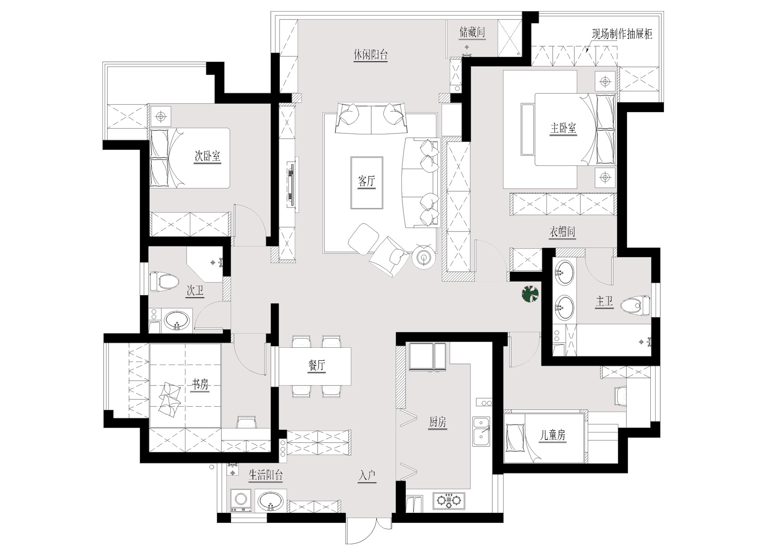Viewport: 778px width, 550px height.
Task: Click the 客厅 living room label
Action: (366, 181)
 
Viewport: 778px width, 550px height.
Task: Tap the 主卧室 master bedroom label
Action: (563, 129)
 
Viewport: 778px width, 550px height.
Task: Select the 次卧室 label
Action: (208, 156)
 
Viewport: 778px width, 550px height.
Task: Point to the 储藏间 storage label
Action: (472, 32)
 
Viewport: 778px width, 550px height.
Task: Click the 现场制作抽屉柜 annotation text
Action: (622, 34)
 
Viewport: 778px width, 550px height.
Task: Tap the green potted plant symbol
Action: (530, 294)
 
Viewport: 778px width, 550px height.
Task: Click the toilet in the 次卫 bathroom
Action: (164, 281)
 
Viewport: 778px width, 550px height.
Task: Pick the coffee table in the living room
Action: (367, 182)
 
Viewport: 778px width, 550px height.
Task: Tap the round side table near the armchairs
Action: (424, 257)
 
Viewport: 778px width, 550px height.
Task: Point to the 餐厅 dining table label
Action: (317, 365)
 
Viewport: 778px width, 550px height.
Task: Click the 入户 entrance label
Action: (367, 476)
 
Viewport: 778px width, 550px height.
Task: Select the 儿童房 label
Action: (552, 435)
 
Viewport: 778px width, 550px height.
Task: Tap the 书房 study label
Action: (200, 385)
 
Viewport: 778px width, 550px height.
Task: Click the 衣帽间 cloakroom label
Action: (562, 232)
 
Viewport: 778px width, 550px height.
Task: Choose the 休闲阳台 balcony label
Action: (371, 55)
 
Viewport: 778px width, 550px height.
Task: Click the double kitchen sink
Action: (481, 432)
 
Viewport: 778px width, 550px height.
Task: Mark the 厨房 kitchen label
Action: (437, 422)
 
